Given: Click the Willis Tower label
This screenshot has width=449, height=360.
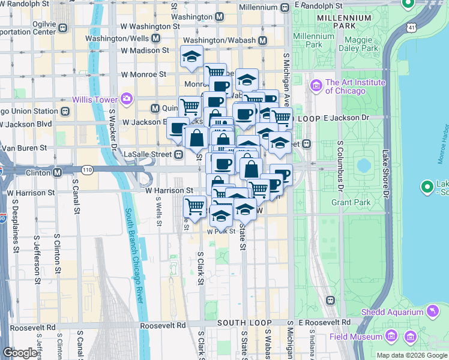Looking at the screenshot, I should click(x=94, y=99).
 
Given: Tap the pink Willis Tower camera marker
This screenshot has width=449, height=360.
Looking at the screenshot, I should click(x=126, y=98).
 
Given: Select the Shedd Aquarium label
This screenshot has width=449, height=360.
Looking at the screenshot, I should click(x=392, y=312).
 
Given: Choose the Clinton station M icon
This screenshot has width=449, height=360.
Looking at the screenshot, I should click(x=58, y=172).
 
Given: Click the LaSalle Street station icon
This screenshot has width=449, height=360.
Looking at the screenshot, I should click(x=178, y=154).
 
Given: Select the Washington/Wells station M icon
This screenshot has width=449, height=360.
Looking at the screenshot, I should click(x=155, y=38).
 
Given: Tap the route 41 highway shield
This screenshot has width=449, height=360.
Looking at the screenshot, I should click(x=410, y=28).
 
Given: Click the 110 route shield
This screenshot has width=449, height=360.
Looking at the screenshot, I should click(x=88, y=170).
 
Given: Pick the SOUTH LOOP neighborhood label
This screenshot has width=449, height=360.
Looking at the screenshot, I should click(x=241, y=323).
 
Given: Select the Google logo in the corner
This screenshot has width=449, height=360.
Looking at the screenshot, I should click(x=20, y=353).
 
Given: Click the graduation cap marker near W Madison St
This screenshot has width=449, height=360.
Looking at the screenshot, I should click(x=191, y=57).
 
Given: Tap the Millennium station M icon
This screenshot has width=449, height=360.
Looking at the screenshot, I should click(x=285, y=8).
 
